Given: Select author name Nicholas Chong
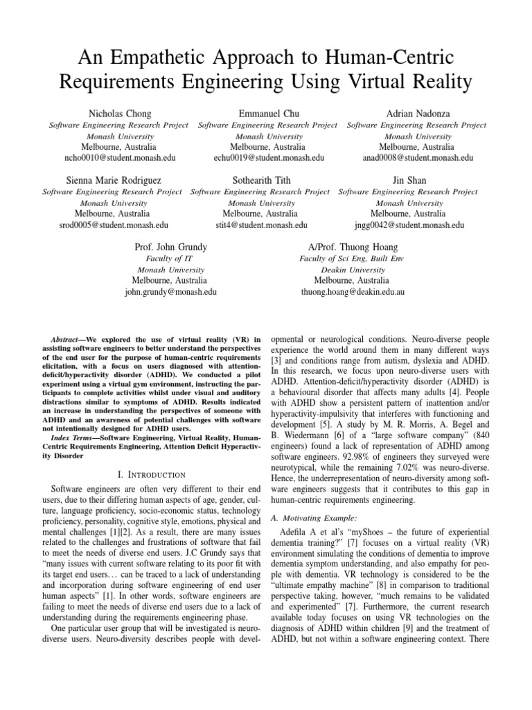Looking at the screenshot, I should [x=119, y=113].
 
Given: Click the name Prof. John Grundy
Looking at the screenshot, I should [x=170, y=247].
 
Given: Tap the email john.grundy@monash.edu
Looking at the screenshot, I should [x=170, y=292].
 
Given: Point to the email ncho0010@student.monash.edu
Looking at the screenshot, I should [x=120, y=158].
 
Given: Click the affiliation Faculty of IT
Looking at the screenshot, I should [x=170, y=259].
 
